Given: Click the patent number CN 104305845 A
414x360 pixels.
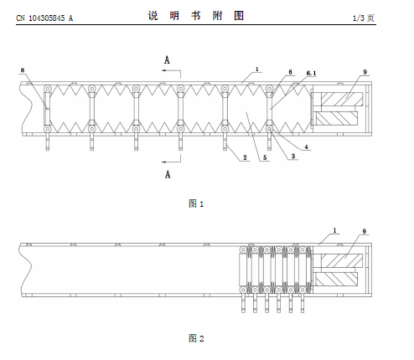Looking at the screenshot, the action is click(x=44, y=18).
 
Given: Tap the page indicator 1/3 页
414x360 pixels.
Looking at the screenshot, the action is click(x=363, y=18).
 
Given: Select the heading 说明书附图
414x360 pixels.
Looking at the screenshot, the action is click(x=196, y=16).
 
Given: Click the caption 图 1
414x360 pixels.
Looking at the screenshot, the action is click(x=196, y=203).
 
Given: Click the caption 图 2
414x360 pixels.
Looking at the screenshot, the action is click(x=196, y=338).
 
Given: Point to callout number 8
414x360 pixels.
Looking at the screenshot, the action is click(x=23, y=69).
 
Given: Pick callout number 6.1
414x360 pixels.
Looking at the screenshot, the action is click(x=311, y=73).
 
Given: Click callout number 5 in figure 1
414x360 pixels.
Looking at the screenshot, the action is click(x=265, y=157).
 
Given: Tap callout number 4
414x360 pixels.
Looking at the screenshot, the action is click(x=307, y=147).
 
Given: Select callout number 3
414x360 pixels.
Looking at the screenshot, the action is click(x=293, y=156).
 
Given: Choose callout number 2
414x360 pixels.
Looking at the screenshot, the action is click(x=245, y=157).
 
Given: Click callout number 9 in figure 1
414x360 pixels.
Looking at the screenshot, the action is click(x=365, y=72).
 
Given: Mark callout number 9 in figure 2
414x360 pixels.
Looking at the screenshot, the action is click(x=364, y=231).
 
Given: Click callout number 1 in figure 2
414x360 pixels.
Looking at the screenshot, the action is click(x=334, y=230).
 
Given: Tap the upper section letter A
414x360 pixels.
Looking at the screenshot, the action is click(x=167, y=60).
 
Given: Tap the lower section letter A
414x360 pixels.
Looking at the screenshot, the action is click(x=168, y=174).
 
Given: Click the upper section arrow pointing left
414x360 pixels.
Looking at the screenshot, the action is click(x=171, y=70).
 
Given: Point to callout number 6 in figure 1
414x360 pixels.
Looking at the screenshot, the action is click(x=290, y=72).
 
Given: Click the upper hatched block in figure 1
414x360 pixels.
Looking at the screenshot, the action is click(x=342, y=99).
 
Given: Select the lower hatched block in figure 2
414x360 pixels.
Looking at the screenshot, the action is click(x=336, y=279).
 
